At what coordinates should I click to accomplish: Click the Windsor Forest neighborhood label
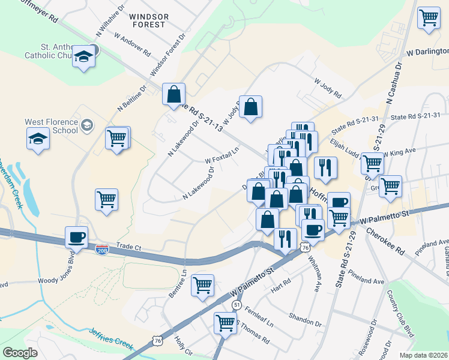click(x=148, y=20)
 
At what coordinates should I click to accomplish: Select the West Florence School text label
click(x=51, y=125)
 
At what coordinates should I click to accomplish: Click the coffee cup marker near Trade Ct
click(x=76, y=237)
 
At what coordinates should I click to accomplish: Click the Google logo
click(x=20, y=353)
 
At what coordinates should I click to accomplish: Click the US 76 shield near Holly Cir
click(x=157, y=340)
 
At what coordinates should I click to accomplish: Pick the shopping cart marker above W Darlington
click(x=429, y=18)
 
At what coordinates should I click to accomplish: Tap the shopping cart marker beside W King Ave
click(x=372, y=162)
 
